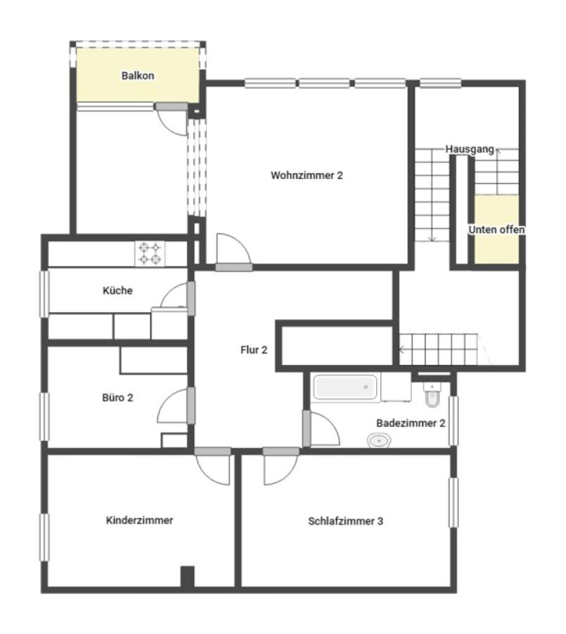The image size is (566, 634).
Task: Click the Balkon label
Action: click(x=138, y=75)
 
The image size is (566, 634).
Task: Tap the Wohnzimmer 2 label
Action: click(x=307, y=175)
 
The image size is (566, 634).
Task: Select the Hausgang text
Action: click(x=470, y=149)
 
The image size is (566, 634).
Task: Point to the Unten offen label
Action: click(x=496, y=230)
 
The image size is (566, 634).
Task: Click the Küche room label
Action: click(x=118, y=290)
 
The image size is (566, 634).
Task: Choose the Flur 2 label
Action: click(x=253, y=349)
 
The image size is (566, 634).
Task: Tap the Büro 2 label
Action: click(x=118, y=398)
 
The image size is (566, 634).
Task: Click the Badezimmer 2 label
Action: click(x=411, y=423)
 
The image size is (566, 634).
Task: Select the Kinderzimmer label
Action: click(x=139, y=521)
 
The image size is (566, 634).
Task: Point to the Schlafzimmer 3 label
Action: click(x=346, y=521)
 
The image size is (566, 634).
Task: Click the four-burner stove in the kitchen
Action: click(x=150, y=254)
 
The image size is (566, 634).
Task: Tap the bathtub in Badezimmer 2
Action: click(x=346, y=387)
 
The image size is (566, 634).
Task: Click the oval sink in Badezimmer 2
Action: click(x=379, y=440)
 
